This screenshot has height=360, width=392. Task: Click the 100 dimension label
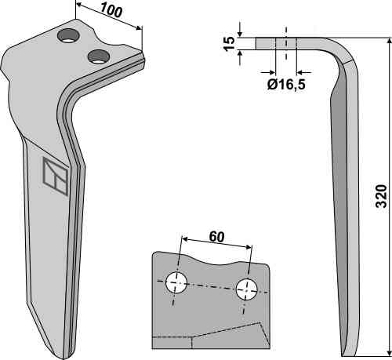pos(111,11)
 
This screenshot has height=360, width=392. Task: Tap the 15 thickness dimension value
pos(229,44)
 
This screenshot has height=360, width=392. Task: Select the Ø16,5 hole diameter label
pos(286,85)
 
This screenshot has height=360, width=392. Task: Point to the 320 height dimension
pos(381,196)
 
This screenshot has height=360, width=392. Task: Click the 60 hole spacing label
pos(216,237)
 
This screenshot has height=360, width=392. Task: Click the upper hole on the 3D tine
pos(68,36)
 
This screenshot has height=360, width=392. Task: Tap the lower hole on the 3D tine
pos(98,56)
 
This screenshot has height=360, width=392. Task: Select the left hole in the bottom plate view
pos(176,282)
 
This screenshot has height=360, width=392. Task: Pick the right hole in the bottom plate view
pos(246,289)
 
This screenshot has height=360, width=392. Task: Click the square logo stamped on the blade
pos(56,176)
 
